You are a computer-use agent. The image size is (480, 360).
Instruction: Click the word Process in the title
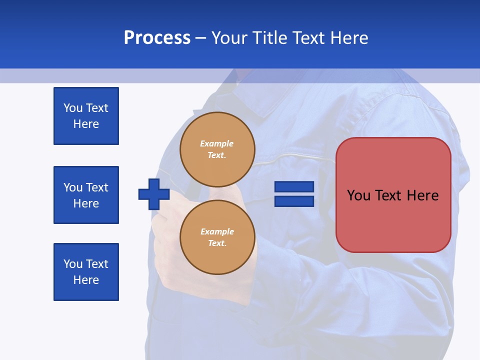[157, 38]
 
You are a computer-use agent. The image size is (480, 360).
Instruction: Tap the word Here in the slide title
[349, 38]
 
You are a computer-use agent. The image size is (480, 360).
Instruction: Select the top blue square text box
[86, 116]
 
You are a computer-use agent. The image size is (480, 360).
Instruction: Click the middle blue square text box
[86, 195]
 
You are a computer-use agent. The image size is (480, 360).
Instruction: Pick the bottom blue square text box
[86, 272]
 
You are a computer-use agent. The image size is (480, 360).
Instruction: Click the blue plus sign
[154, 194]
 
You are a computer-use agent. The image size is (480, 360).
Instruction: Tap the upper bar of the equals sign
[294, 186]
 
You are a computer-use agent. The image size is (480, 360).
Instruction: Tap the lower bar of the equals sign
[294, 201]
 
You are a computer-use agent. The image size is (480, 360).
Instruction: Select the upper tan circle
[217, 149]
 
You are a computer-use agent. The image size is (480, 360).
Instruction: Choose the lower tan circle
[217, 237]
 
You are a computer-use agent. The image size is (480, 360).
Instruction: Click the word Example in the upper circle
[217, 143]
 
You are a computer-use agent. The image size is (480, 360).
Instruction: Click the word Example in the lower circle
[217, 231]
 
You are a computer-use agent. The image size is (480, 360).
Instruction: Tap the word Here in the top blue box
[86, 124]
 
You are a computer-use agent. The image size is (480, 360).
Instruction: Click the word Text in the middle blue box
[96, 187]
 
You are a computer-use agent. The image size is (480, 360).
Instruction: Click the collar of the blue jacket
[250, 100]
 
